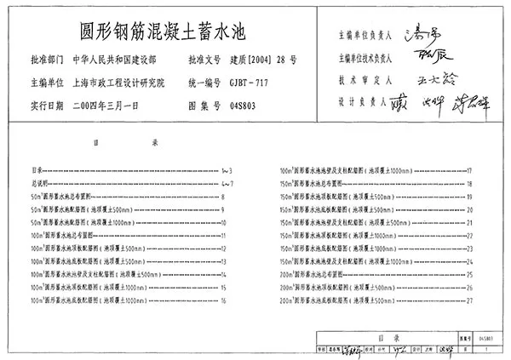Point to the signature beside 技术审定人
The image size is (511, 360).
coord(431,77)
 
